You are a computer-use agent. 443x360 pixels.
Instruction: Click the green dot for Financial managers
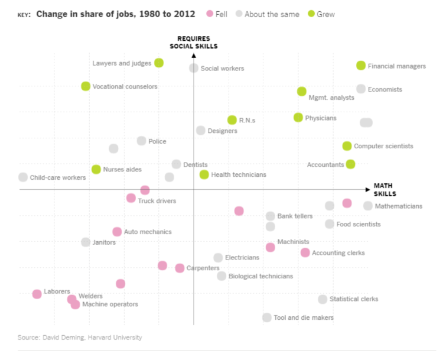tap(361, 66)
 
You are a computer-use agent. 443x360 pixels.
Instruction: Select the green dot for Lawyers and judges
tap(159, 63)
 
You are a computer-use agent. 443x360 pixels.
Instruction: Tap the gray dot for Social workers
tap(194, 68)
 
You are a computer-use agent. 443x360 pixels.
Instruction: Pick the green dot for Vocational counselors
tap(86, 86)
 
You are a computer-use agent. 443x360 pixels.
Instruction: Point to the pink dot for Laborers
tap(37, 294)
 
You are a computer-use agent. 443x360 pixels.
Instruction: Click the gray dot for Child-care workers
tap(23, 177)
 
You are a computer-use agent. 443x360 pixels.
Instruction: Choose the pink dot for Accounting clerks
tap(305, 252)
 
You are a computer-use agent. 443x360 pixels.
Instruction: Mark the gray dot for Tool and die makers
tap(267, 317)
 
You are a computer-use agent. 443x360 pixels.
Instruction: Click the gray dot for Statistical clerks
tap(323, 299)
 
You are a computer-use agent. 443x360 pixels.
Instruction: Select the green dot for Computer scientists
tap(347, 146)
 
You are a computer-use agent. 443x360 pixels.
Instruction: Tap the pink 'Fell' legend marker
tap(210, 14)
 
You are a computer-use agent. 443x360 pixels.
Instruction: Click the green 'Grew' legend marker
tap(311, 14)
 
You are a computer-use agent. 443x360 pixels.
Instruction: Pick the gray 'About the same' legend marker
tap(239, 14)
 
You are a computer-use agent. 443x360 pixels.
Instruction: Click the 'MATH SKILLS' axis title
tap(385, 190)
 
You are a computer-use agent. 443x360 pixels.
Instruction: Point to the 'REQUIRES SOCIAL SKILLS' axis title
tap(194, 43)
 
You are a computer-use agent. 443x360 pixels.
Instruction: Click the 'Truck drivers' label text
tap(157, 201)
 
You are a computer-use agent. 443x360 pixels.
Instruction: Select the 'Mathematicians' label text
tap(399, 206)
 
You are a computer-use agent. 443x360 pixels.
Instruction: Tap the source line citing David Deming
tap(80, 338)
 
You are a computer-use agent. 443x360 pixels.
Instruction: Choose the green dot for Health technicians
tap(204, 174)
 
